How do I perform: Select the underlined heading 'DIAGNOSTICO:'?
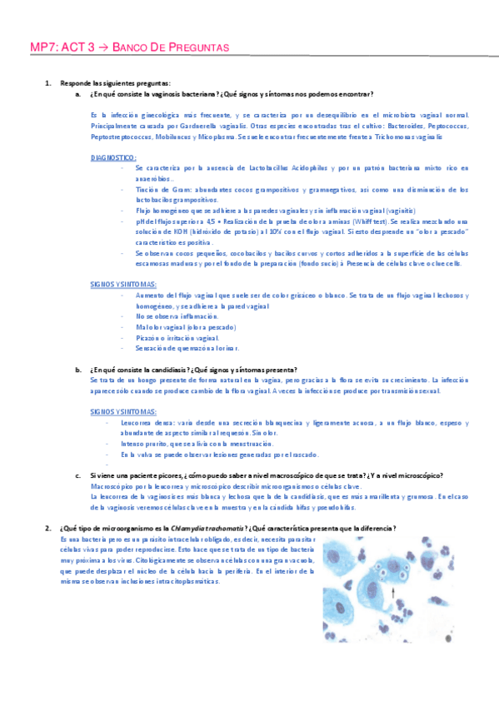click(113, 157)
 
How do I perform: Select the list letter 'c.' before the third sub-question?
click(78, 475)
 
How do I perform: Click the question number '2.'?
click(48, 529)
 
